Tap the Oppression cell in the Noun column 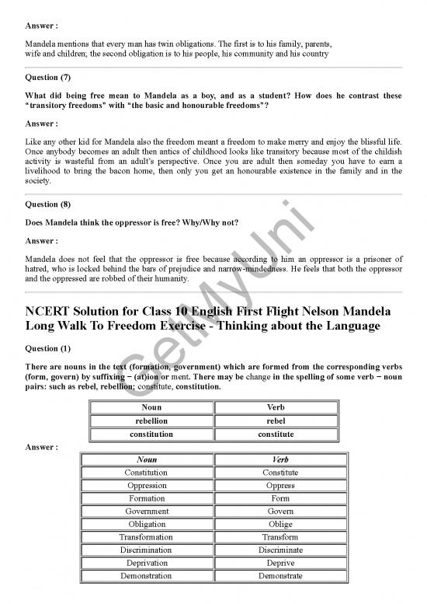147,486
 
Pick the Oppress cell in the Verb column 280,486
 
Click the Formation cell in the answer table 147,498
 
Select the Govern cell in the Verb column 280,511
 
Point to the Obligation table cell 147,525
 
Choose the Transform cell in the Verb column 280,537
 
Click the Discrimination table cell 147,550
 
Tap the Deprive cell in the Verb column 280,563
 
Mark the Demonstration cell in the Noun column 147,576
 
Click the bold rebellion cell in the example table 151,421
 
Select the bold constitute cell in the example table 276,434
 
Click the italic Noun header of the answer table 147,460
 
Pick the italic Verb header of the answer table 280,460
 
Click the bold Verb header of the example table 276,407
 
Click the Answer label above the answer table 40,447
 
